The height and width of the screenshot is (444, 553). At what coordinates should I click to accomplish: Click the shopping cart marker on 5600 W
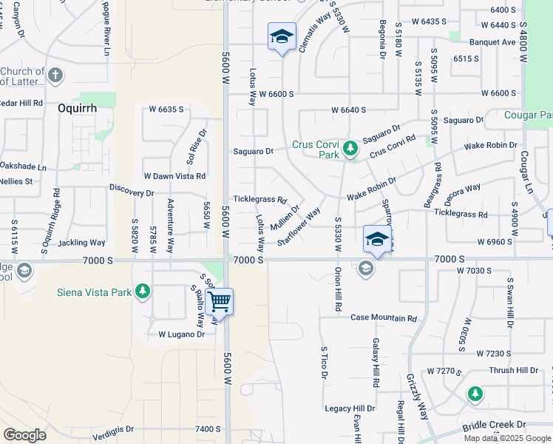[x=220, y=303]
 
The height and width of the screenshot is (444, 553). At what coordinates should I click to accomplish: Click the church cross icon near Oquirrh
[x=56, y=75]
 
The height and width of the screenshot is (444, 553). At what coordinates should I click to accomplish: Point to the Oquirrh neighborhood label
[x=77, y=108]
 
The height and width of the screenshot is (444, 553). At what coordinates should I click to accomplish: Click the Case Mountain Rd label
[x=383, y=318]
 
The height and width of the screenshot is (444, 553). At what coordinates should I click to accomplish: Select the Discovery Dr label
[x=132, y=193]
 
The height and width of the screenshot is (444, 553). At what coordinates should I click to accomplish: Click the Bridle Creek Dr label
[x=494, y=425]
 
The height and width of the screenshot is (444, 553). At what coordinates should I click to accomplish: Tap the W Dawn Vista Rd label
[x=174, y=176]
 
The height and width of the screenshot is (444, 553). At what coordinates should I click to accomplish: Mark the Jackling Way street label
[x=81, y=243]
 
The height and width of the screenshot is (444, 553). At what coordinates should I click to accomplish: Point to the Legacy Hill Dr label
[x=350, y=408]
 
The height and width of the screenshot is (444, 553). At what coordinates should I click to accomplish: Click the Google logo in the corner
[x=24, y=435]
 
